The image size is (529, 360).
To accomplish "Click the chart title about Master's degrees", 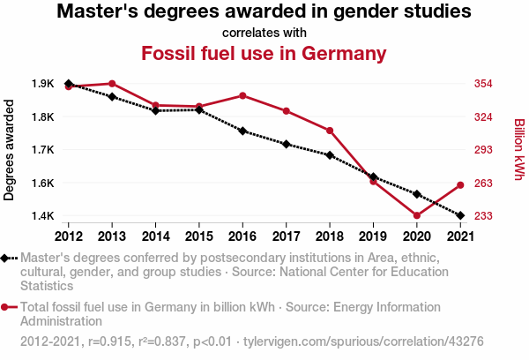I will click(264, 12).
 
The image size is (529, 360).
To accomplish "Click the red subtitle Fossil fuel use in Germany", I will click(264, 53).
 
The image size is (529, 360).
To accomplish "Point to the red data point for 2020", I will click(416, 215).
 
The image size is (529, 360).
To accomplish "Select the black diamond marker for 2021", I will click(459, 215).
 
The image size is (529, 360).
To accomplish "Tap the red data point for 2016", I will click(242, 95).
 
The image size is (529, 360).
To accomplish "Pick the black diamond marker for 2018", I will click(330, 155).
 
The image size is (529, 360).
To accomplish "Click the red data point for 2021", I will click(459, 184).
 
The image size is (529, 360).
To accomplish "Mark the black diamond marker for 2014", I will click(155, 110).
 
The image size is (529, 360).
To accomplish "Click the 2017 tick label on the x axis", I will click(286, 236).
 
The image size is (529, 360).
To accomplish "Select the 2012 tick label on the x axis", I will click(69, 236).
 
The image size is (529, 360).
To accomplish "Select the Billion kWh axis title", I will click(518, 150).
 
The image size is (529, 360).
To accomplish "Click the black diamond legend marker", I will click(6, 258).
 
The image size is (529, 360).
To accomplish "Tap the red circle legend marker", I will click(6, 307).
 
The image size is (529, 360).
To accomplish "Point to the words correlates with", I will click(264, 33).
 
